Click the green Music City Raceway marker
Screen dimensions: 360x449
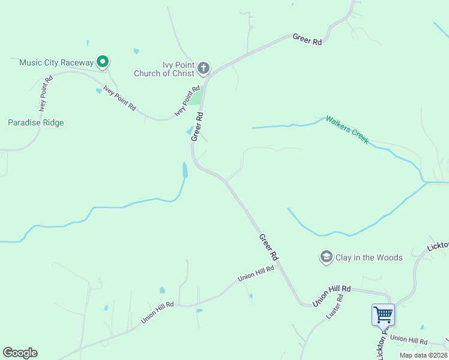click(x=103, y=61)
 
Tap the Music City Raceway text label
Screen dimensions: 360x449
click(x=56, y=62)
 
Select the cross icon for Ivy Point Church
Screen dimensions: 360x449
click(x=203, y=68)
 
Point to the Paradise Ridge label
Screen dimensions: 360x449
click(x=35, y=122)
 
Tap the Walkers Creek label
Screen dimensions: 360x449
click(x=346, y=129)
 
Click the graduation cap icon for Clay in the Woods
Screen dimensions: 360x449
click(x=326, y=257)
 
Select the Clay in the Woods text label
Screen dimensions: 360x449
click(x=369, y=257)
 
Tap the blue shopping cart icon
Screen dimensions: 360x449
click(x=383, y=313)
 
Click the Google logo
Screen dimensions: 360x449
click(x=20, y=353)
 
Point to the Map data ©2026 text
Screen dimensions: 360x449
click(x=423, y=355)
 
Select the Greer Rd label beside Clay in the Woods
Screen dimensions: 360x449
click(x=269, y=247)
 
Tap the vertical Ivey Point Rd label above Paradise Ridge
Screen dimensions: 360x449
click(x=44, y=94)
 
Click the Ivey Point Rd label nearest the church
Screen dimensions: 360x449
click(x=187, y=101)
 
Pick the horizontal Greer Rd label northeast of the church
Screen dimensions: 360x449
click(x=307, y=40)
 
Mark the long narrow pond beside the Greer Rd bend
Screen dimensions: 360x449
click(x=185, y=170)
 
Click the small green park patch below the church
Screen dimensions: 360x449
click(x=196, y=97)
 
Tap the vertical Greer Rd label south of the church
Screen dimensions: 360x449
click(x=198, y=126)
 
